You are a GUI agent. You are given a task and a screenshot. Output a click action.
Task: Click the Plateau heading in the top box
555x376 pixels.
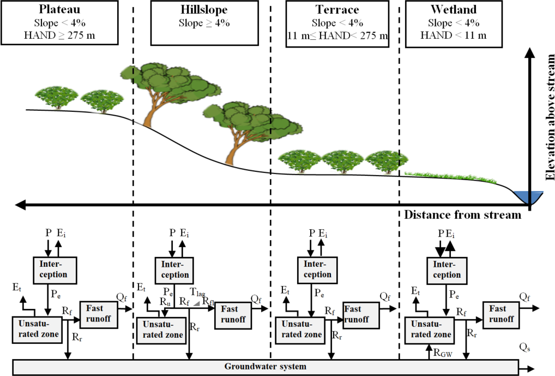pos(61,10)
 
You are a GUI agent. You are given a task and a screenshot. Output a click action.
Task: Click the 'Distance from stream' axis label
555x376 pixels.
pos(463,214)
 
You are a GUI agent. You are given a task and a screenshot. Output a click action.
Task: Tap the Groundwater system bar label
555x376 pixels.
pos(265,367)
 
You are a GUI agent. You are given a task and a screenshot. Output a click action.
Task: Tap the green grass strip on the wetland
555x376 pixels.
pos(453,176)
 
